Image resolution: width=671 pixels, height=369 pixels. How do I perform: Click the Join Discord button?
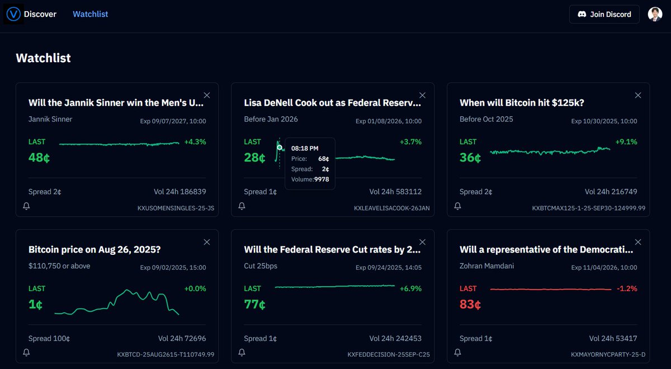[x=604, y=14]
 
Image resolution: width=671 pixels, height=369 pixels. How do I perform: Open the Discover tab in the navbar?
[x=40, y=14]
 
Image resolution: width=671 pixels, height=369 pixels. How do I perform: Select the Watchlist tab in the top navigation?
[x=90, y=14]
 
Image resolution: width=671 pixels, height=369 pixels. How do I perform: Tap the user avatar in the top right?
[x=655, y=14]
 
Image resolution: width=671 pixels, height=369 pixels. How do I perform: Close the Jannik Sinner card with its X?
[x=207, y=95]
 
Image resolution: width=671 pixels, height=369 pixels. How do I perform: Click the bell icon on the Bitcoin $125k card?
[x=457, y=206]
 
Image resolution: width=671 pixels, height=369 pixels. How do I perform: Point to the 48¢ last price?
[x=39, y=158]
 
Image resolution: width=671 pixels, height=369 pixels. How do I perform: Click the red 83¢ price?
[x=470, y=305]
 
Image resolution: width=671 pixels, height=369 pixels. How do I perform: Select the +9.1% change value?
[x=626, y=142]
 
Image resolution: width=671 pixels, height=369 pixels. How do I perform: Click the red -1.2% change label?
[x=626, y=288]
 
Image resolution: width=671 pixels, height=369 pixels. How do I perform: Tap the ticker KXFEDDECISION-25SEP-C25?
[x=389, y=354]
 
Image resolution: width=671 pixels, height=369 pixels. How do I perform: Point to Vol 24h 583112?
[x=395, y=191]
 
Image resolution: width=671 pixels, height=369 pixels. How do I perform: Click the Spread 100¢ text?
[x=49, y=338]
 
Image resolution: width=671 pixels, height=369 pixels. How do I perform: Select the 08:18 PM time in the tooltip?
[x=304, y=149]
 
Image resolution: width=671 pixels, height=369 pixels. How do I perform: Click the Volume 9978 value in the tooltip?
[x=321, y=179]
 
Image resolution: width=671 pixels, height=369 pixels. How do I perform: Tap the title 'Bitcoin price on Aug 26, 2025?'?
[x=94, y=249]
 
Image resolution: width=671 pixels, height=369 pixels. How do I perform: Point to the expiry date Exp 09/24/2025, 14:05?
[x=389, y=268]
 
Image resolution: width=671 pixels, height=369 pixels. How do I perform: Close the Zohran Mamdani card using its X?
[x=638, y=242]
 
